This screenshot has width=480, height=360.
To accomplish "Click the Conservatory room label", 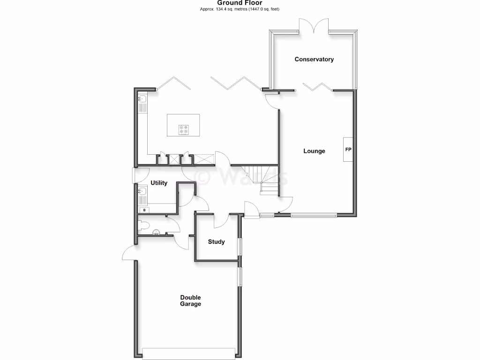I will click(314, 60).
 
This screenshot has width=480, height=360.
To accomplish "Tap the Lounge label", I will click(314, 151).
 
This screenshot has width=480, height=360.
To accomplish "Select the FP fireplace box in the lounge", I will click(348, 150).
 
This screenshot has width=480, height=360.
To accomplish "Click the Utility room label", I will click(159, 183).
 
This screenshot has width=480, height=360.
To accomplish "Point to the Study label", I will click(217, 242).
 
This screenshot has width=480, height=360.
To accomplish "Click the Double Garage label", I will click(191, 300).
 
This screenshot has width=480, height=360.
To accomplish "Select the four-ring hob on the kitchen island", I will click(183, 129).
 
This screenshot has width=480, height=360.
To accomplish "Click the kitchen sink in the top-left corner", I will click(142, 99).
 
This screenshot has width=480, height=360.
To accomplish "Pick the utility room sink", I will click(142, 191).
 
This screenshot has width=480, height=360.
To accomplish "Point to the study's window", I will click(239, 246).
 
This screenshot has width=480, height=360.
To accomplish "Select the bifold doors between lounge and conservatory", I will click(318, 86).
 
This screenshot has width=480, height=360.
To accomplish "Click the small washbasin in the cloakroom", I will click(156, 232).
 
